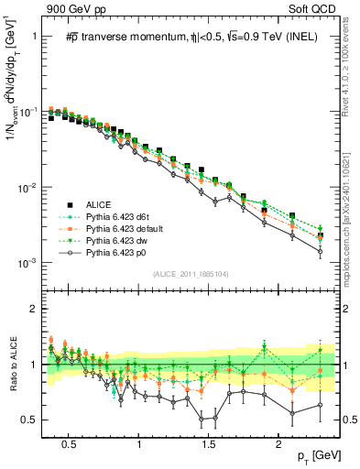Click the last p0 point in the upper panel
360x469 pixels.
tap(320, 251)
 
